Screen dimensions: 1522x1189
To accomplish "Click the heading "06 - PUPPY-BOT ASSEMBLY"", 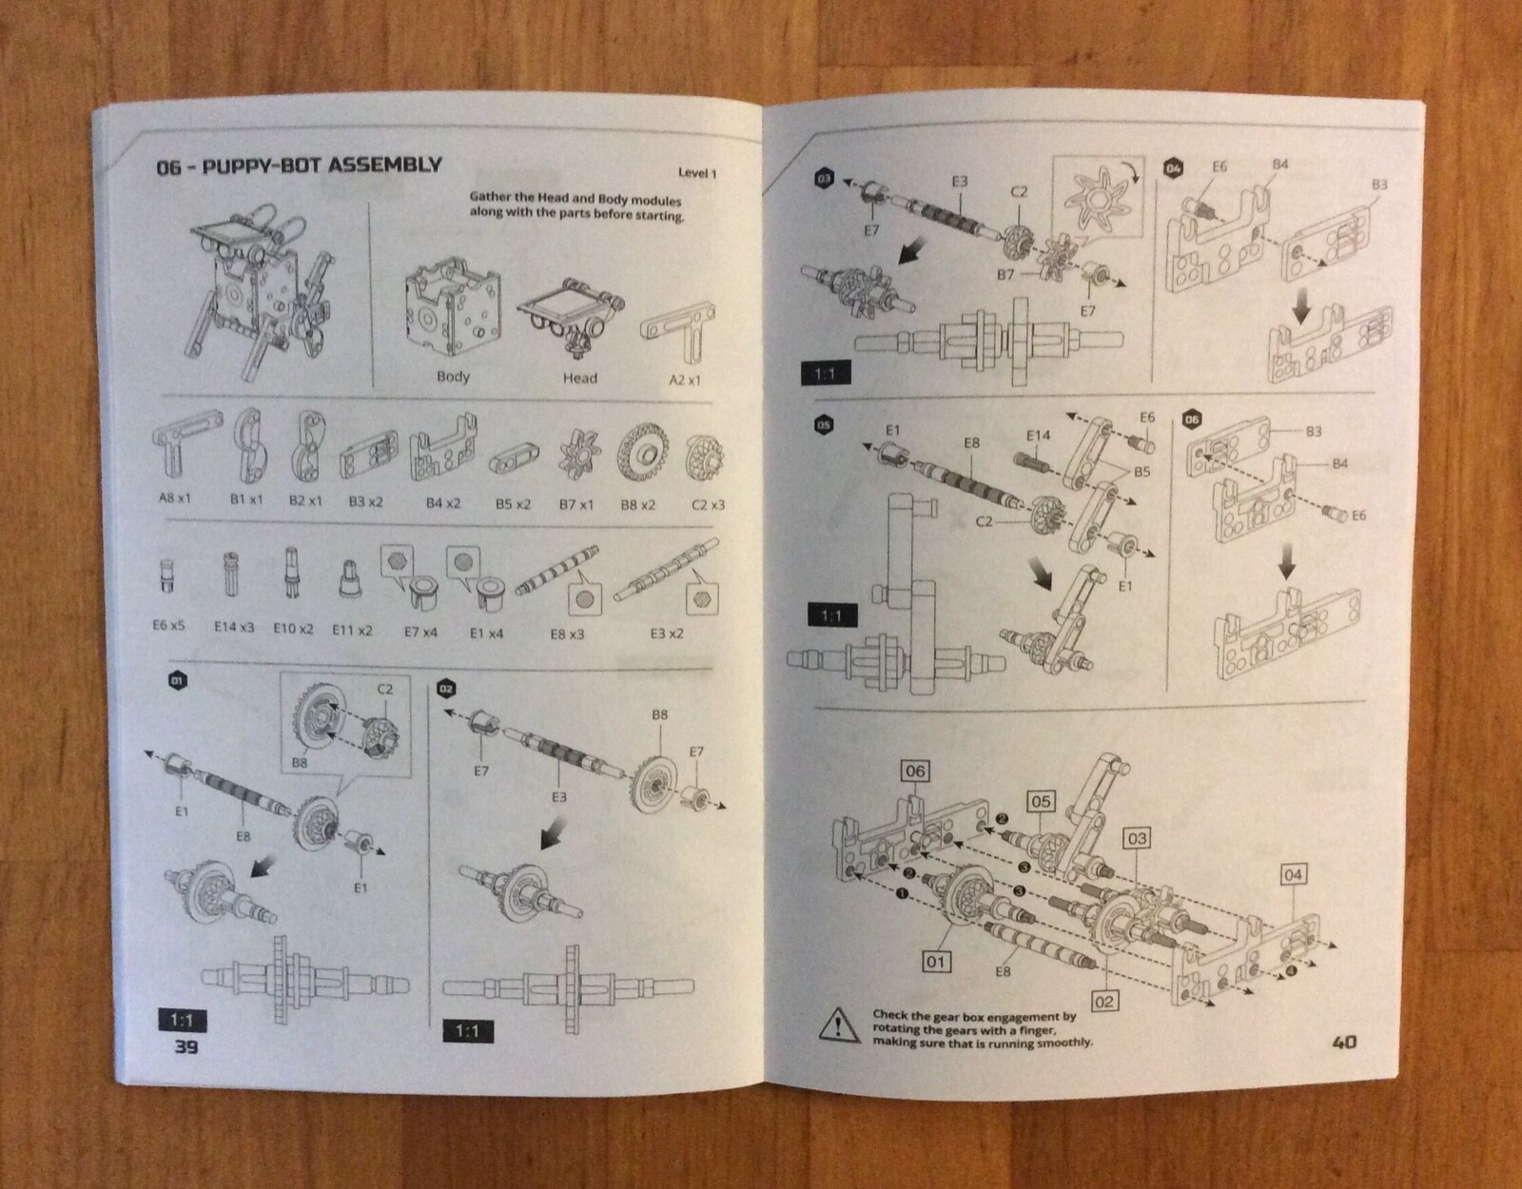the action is click(x=299, y=166).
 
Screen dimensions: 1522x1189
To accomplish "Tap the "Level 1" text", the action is click(x=697, y=172).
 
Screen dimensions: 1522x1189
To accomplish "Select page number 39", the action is click(x=186, y=1047).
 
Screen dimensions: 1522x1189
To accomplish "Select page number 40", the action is click(x=1344, y=1042).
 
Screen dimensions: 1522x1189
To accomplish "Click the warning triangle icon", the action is click(x=839, y=1024).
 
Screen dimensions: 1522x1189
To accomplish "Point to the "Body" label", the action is click(x=453, y=376).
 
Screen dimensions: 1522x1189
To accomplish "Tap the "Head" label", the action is click(x=580, y=379).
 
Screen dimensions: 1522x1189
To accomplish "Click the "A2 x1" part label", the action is click(x=684, y=380).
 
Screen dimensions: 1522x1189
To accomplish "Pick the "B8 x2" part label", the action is click(x=638, y=504).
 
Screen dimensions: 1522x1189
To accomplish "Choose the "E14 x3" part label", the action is click(x=234, y=628).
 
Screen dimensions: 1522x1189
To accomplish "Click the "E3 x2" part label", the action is click(x=667, y=633).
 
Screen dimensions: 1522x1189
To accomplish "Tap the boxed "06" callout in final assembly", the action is click(x=915, y=771).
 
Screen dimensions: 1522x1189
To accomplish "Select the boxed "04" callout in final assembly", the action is click(x=1293, y=874).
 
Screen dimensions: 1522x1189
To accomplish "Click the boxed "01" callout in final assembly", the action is click(x=936, y=962).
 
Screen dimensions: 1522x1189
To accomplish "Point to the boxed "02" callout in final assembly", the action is click(x=1103, y=1002).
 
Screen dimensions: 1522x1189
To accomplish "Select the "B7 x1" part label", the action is click(x=576, y=504).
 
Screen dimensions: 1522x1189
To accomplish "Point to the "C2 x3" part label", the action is click(x=708, y=505).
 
